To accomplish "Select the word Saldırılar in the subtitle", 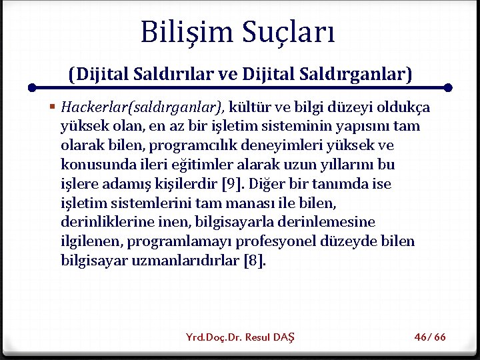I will click(x=175, y=73).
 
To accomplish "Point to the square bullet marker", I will click(x=52, y=107).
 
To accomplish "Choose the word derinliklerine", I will click(x=102, y=222).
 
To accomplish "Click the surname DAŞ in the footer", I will click(x=284, y=337).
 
